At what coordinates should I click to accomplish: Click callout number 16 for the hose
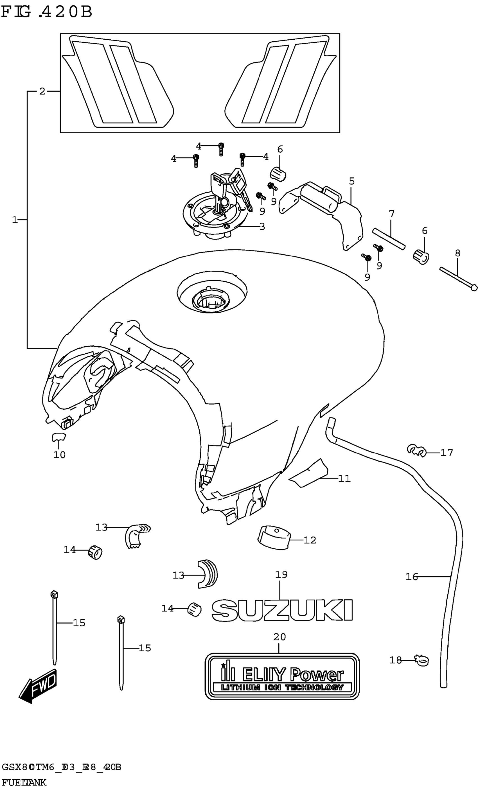412,577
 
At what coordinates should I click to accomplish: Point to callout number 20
279,637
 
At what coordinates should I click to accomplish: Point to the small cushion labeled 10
58,437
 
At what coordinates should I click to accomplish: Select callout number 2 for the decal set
42,91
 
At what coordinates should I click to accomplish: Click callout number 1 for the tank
15,220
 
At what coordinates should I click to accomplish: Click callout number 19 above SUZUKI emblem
281,575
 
